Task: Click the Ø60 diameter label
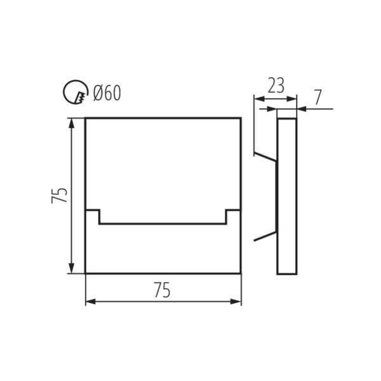(x=107, y=93)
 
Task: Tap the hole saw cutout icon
(x=76, y=93)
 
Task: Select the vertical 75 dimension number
(x=59, y=196)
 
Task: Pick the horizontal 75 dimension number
(x=163, y=290)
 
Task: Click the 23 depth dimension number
(x=276, y=86)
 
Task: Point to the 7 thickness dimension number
(x=318, y=97)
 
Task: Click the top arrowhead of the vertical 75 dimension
(x=71, y=123)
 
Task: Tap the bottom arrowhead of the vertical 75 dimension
(x=71, y=268)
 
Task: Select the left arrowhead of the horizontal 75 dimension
(x=91, y=302)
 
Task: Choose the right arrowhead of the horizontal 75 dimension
(x=236, y=302)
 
